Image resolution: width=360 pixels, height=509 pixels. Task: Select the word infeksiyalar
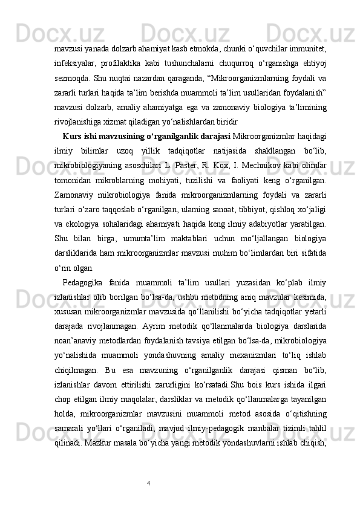pos(72,63)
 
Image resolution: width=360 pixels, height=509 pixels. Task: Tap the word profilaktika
pos(123,63)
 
